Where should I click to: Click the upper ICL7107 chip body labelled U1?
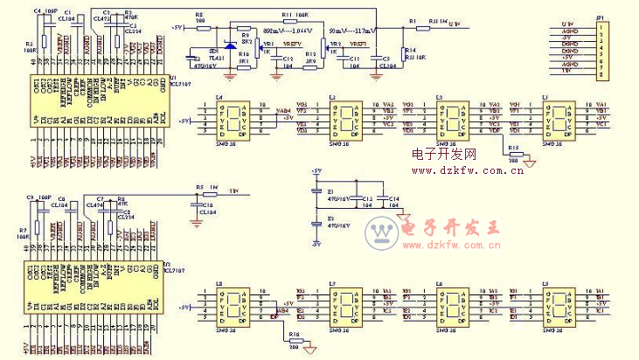click(x=95, y=97)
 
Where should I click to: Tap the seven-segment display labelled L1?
click(x=560, y=119)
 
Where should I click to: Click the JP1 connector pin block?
click(x=601, y=50)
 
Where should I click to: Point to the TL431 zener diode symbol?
click(x=229, y=45)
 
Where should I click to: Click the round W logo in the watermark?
click(x=381, y=231)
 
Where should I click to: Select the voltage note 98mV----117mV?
click(x=353, y=31)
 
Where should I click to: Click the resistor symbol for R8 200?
click(x=203, y=27)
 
